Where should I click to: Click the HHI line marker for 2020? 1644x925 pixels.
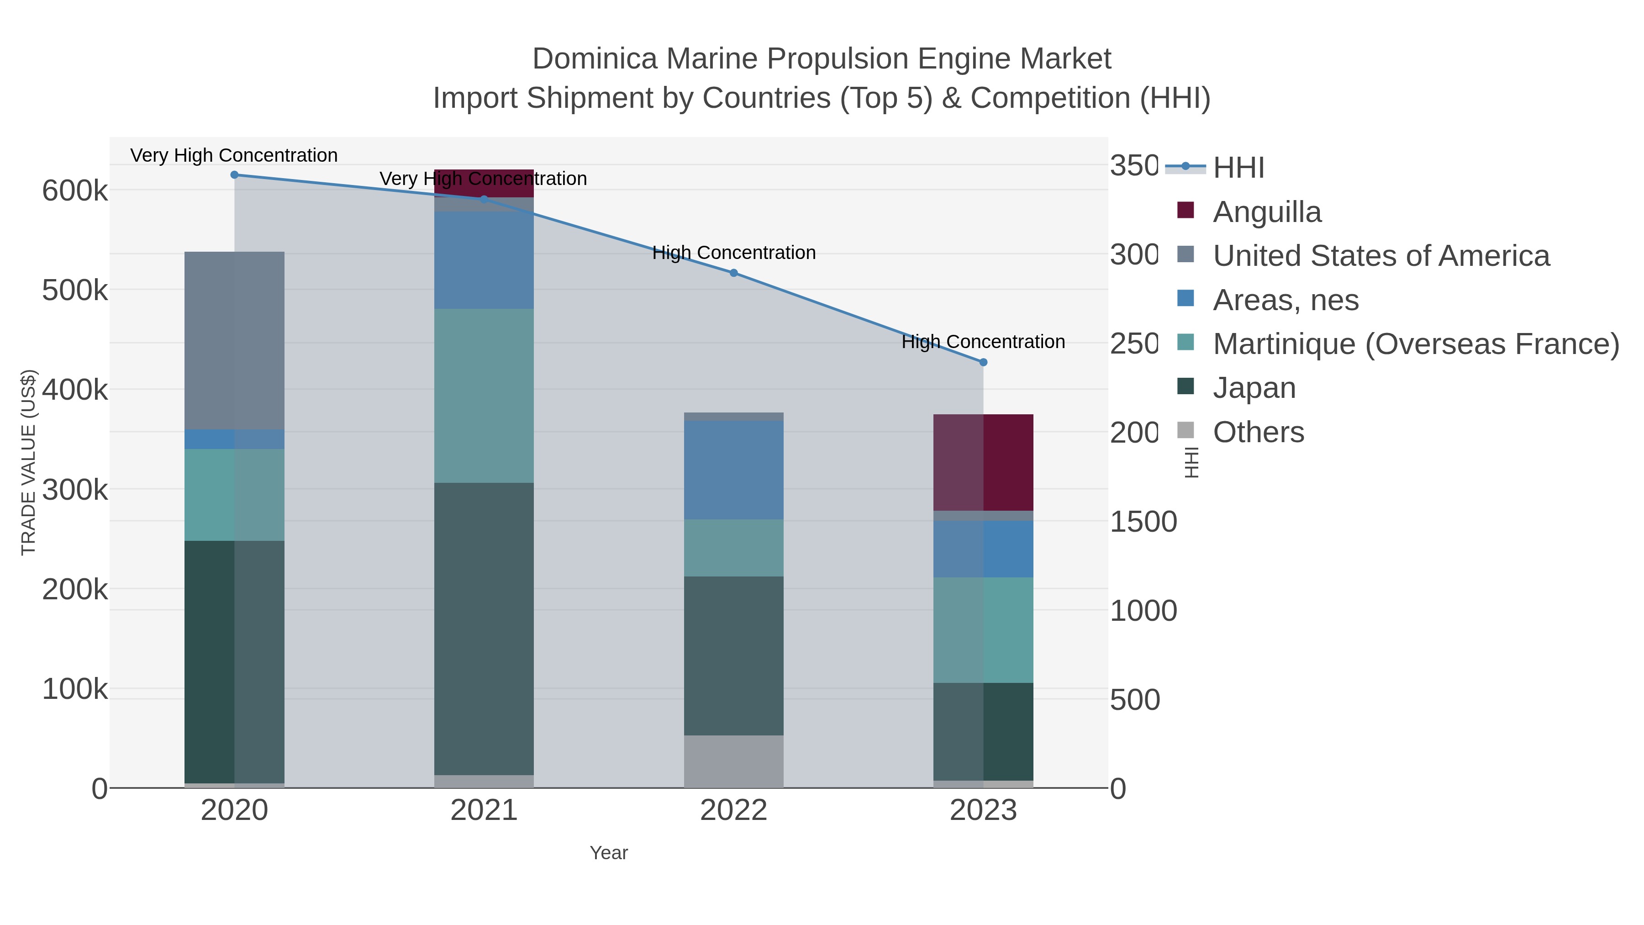tap(234, 175)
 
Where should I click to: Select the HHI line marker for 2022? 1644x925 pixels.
tap(733, 273)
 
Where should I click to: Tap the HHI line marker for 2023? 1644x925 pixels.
tap(983, 362)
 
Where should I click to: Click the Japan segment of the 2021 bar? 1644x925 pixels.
tap(484, 629)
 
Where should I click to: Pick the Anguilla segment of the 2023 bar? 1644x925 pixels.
tap(983, 462)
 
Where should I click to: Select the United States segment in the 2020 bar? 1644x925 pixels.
tap(234, 340)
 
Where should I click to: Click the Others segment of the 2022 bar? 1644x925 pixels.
tap(733, 761)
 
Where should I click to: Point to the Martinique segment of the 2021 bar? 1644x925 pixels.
tap(484, 396)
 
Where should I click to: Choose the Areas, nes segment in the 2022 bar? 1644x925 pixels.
tap(733, 470)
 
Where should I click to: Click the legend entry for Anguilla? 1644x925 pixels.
tap(1266, 212)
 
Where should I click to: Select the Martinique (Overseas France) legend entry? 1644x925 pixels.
tap(1416, 344)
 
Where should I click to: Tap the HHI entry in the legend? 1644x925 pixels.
tap(1238, 168)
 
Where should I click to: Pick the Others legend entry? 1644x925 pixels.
tap(1258, 432)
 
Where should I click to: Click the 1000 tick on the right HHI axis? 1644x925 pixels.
tap(1143, 611)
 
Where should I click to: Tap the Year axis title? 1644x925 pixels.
tap(608, 853)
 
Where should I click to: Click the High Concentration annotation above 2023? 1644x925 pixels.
tap(983, 342)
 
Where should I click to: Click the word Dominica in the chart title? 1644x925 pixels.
tap(594, 59)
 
